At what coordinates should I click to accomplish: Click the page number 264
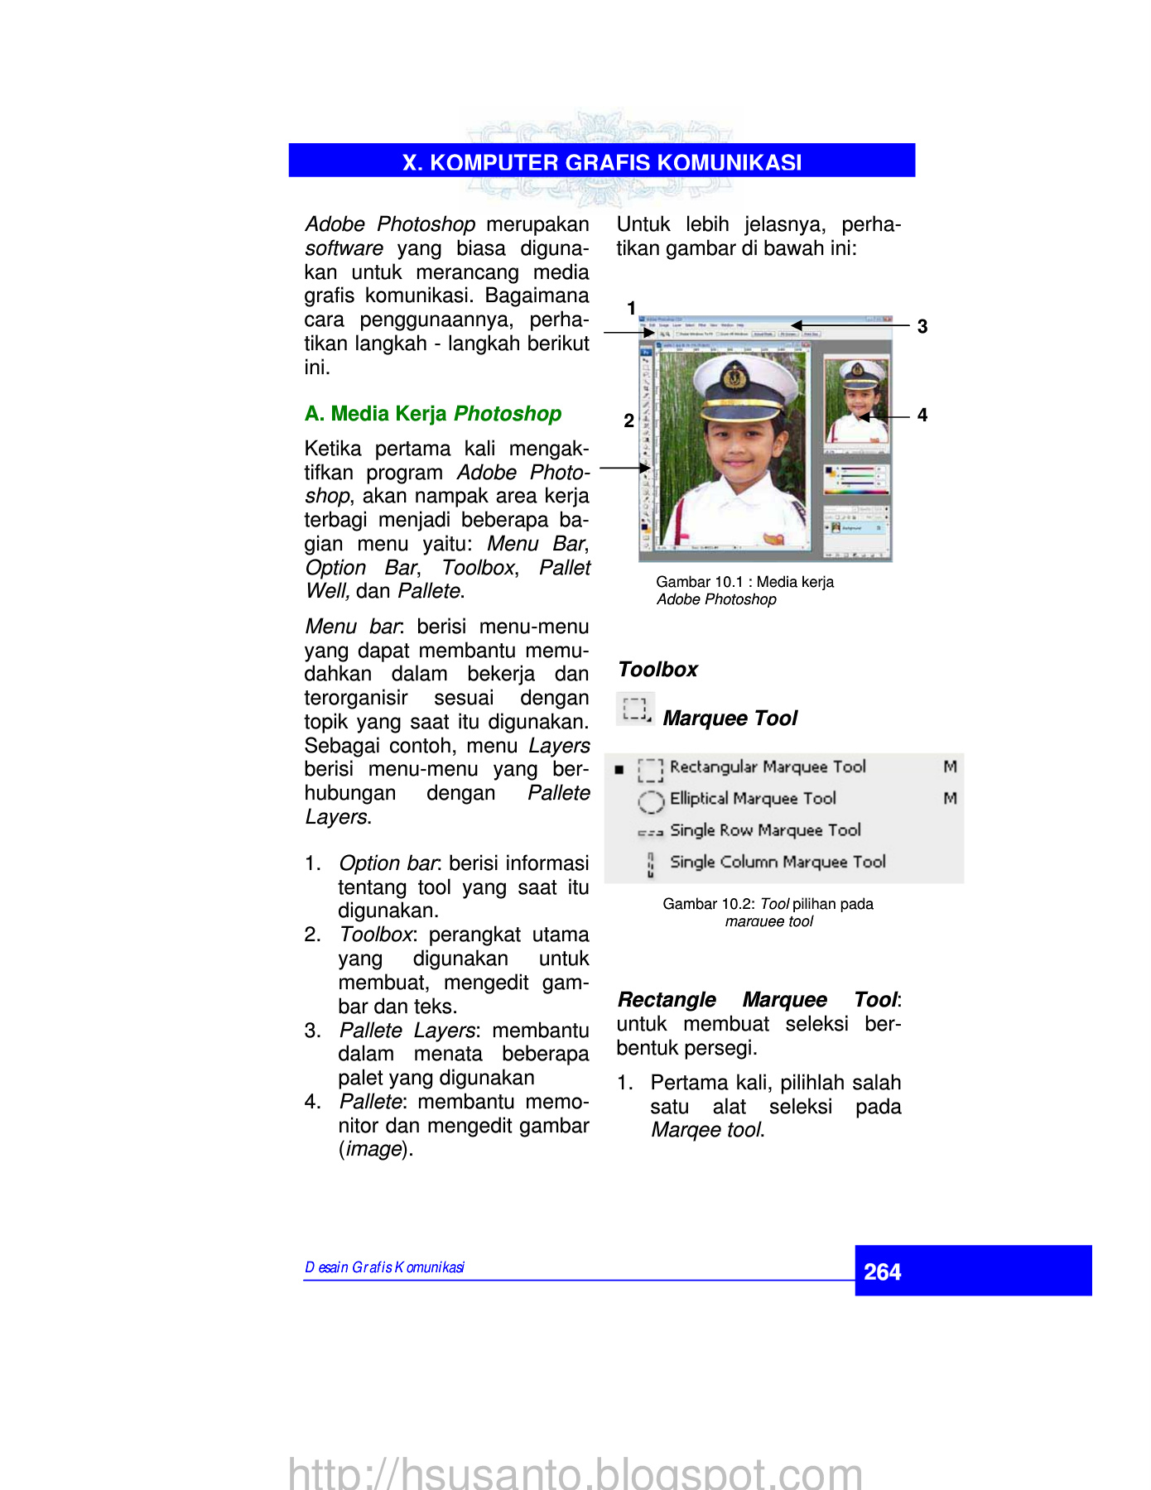coord(882,1271)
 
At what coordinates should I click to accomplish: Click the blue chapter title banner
coord(601,161)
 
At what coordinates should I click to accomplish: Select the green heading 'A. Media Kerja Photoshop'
coord(432,413)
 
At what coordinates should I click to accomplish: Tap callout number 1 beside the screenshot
coord(631,309)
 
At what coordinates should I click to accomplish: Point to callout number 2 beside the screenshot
coord(628,421)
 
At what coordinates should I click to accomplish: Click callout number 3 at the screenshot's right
coord(922,326)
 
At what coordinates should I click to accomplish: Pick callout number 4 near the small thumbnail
coord(922,415)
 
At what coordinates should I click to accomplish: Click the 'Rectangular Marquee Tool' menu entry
coord(768,767)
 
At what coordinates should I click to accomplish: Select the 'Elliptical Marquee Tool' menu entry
coord(753,799)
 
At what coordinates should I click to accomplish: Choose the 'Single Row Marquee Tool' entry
coord(765,830)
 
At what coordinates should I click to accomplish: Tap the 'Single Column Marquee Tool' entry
coord(778,862)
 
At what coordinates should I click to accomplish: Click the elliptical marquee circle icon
coord(651,800)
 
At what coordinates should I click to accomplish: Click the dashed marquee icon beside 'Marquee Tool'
coord(635,709)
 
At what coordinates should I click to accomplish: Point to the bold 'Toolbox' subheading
coord(657,669)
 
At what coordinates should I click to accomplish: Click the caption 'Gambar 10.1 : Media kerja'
coord(744,582)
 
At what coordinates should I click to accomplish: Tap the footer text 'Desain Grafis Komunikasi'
coord(384,1267)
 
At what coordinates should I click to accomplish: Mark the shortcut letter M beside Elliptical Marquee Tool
coord(950,799)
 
